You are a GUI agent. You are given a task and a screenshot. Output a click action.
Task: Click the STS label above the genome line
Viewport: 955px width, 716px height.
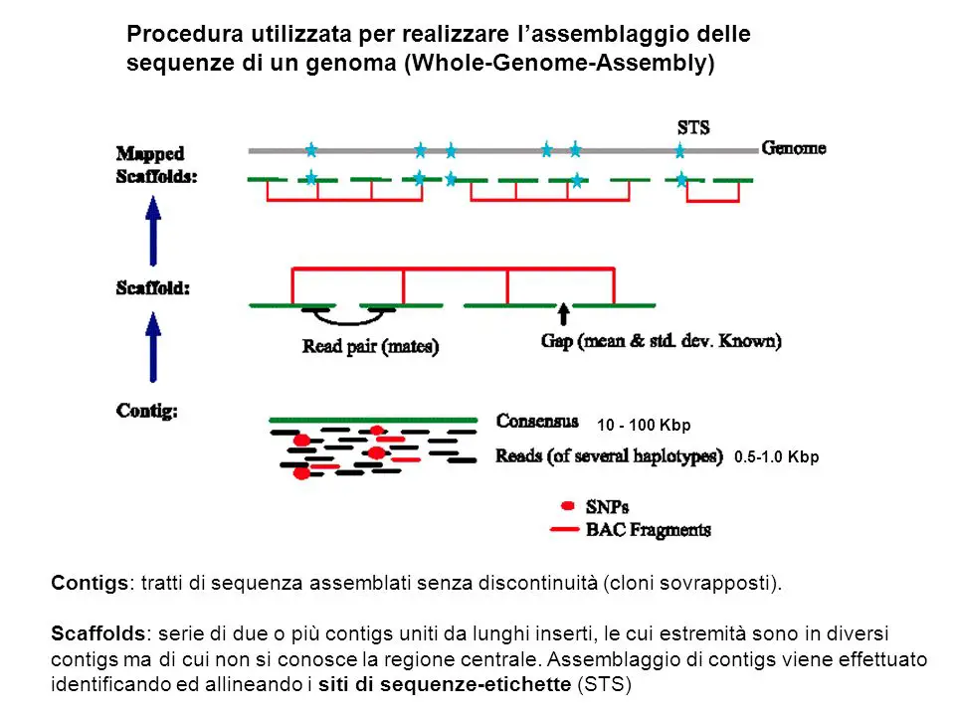click(693, 127)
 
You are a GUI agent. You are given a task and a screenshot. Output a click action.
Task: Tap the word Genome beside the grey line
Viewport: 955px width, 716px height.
click(794, 148)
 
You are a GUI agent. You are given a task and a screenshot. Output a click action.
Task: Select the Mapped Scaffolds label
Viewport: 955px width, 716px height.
click(156, 165)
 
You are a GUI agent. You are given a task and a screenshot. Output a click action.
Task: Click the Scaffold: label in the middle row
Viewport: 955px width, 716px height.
click(153, 288)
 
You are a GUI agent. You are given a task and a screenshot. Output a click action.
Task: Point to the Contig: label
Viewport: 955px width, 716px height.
click(147, 411)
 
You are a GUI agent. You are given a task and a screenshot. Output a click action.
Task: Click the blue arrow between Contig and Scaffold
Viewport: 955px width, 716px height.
click(153, 347)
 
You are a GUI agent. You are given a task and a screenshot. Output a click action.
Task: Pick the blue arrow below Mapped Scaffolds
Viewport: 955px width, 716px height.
click(153, 231)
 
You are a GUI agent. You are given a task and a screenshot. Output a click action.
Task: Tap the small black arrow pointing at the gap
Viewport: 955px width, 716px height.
click(564, 314)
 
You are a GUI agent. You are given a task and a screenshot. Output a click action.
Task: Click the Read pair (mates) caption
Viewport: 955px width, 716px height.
click(370, 346)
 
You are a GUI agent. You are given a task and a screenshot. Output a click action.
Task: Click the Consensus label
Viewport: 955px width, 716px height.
click(537, 421)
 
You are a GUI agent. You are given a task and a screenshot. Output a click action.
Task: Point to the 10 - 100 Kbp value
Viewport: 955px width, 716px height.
click(644, 425)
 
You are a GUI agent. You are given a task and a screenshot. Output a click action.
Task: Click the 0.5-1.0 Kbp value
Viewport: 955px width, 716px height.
click(777, 456)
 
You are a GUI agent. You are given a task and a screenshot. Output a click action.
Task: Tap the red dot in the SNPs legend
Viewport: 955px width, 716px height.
click(568, 505)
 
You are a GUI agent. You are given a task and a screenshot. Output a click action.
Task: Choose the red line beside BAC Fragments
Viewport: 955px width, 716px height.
click(564, 530)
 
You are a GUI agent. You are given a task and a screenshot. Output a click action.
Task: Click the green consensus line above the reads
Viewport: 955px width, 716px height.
click(373, 420)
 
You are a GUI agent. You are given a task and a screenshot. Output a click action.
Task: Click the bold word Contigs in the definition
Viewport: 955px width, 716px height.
click(90, 584)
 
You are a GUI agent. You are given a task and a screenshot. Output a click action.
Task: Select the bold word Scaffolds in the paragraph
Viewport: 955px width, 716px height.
click(98, 633)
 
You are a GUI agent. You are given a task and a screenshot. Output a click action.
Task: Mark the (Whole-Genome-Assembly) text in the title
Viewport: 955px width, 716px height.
click(560, 63)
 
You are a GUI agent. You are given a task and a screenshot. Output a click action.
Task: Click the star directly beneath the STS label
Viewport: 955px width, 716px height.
click(679, 150)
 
